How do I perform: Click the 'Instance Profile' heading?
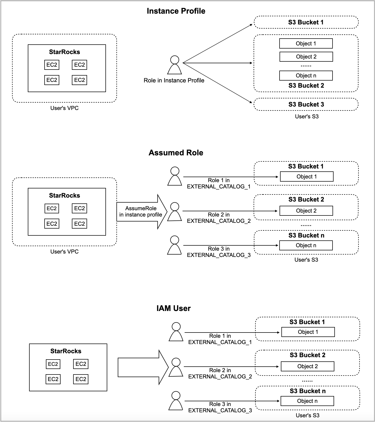(x=176, y=11)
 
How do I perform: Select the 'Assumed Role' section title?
(x=176, y=153)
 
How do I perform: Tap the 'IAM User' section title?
(x=173, y=308)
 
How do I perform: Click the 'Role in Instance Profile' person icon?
(x=175, y=65)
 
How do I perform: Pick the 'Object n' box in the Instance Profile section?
(x=306, y=76)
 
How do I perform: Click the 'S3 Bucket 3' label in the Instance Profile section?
(x=306, y=104)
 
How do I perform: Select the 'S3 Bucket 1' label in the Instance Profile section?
(x=306, y=22)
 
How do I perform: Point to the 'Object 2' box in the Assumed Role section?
(x=306, y=211)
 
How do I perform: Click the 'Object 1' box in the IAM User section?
(x=308, y=332)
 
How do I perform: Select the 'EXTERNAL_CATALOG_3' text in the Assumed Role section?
(x=219, y=255)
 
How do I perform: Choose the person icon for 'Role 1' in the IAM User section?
(x=176, y=332)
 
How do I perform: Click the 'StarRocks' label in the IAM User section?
(x=66, y=351)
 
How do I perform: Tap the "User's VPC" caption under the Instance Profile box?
(x=65, y=108)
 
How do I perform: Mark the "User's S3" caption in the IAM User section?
(x=308, y=415)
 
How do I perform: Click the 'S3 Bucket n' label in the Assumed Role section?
(x=306, y=235)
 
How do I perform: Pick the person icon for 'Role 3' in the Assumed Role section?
(x=174, y=245)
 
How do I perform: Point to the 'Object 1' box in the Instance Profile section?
(x=306, y=44)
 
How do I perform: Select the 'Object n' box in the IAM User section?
(x=307, y=401)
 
